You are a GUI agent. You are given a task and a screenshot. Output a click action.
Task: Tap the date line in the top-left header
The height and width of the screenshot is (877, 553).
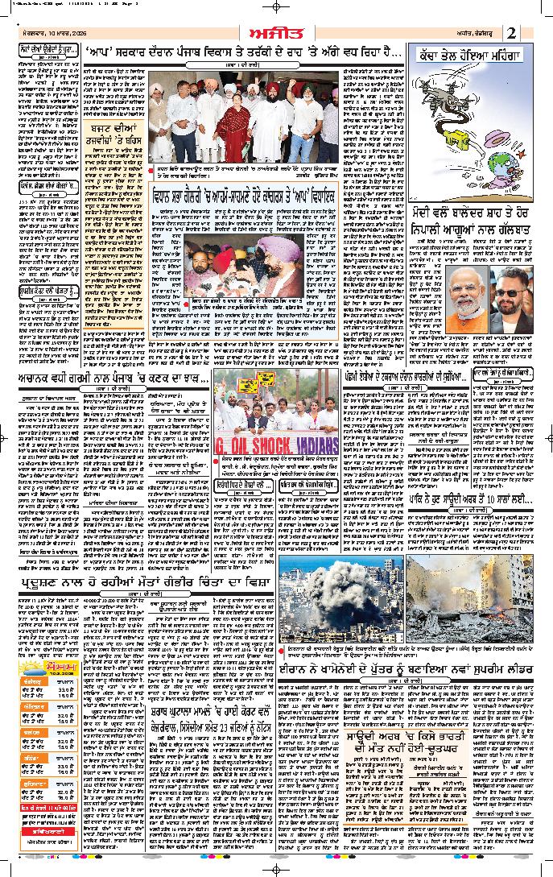pos(53,32)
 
